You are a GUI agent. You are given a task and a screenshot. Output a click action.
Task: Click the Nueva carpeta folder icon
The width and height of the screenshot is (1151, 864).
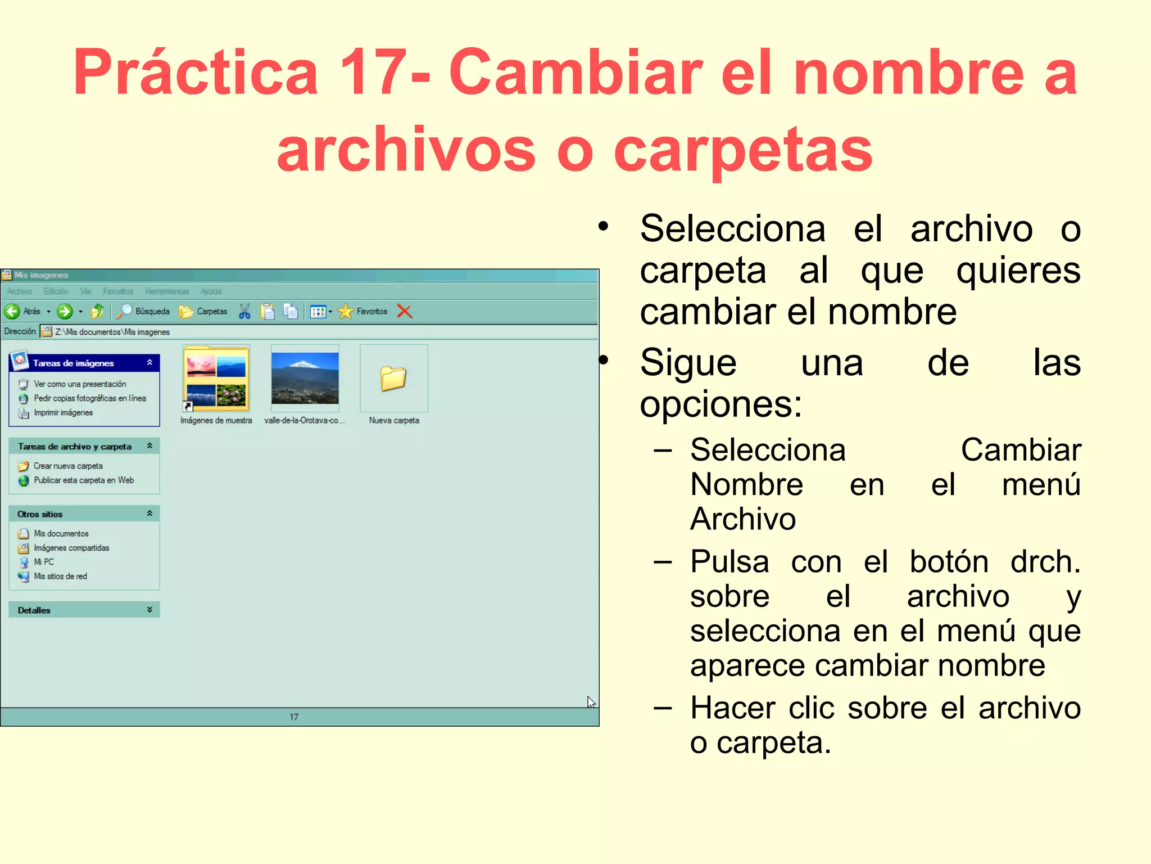click(393, 379)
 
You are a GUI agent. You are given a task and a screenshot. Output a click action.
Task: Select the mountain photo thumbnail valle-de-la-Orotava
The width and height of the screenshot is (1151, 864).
click(305, 378)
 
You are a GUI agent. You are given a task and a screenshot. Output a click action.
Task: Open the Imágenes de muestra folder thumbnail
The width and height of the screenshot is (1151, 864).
click(216, 378)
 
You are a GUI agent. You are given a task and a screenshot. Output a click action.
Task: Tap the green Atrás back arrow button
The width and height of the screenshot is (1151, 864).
click(12, 311)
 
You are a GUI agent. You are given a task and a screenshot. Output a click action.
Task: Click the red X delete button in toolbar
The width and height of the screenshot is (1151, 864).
click(405, 311)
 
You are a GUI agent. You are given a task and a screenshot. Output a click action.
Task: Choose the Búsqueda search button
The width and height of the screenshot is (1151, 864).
click(143, 311)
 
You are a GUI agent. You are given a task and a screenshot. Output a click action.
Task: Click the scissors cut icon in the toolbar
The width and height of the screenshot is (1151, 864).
click(244, 311)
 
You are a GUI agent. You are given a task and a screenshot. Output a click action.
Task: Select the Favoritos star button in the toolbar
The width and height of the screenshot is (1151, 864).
click(362, 311)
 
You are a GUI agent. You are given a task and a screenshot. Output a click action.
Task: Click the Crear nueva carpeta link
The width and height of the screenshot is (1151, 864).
click(68, 466)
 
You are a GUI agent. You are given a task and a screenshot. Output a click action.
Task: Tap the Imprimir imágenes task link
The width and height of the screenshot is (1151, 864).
click(63, 412)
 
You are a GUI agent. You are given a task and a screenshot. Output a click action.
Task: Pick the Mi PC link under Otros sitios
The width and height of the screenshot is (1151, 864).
click(44, 561)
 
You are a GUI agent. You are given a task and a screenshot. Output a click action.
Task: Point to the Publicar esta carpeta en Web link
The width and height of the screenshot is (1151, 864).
click(84, 480)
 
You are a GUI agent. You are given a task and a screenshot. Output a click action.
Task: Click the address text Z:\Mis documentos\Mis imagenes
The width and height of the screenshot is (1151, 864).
click(112, 332)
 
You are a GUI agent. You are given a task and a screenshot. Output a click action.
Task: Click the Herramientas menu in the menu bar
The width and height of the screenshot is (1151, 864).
click(166, 291)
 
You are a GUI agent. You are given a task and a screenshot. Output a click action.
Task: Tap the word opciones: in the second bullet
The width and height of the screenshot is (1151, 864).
click(720, 404)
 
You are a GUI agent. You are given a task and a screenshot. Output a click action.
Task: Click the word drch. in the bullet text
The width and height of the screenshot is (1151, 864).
click(1045, 561)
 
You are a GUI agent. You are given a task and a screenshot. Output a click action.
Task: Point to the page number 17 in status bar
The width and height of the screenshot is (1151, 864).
click(294, 717)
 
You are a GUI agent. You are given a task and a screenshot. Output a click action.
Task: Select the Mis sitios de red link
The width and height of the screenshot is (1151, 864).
click(60, 576)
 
